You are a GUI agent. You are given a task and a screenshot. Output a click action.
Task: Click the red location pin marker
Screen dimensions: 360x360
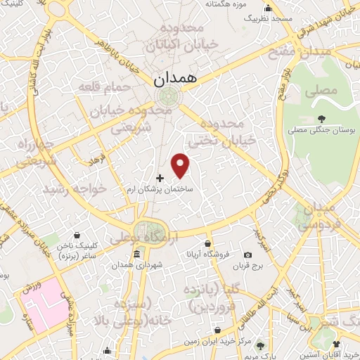point(181,165)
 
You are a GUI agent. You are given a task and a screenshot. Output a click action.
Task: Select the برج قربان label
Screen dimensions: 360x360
point(247,266)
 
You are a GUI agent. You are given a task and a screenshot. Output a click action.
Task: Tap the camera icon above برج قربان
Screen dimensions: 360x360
point(247,255)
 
